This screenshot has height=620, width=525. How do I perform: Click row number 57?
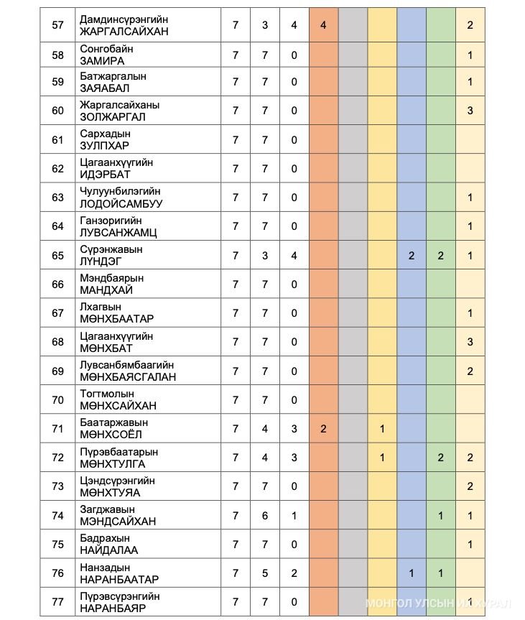[58, 25]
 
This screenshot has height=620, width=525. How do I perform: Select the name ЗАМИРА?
[102, 61]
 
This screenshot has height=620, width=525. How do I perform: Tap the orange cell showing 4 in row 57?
[323, 25]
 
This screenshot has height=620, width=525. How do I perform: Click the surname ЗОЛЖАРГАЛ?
[113, 117]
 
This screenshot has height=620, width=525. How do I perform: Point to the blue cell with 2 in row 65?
[412, 256]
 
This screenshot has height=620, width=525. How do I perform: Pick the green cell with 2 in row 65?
[441, 256]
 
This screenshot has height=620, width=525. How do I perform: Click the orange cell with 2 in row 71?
[323, 429]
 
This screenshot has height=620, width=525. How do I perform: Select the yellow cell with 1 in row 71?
[382, 429]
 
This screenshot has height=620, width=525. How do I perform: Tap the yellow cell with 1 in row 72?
[382, 458]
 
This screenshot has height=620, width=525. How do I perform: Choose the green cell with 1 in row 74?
[441, 516]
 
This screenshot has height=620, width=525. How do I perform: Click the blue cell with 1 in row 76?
[412, 573]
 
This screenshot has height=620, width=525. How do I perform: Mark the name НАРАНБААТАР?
[119, 580]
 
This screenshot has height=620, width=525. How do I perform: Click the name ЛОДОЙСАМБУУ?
[121, 204]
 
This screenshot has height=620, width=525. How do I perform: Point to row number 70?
[58, 400]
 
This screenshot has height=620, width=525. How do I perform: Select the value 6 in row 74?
[265, 516]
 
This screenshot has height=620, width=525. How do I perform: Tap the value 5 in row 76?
[265, 573]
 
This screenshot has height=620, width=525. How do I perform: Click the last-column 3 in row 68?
[470, 342]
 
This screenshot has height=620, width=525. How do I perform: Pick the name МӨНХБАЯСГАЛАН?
[128, 377]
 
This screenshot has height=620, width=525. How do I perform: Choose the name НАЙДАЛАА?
[109, 550]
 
